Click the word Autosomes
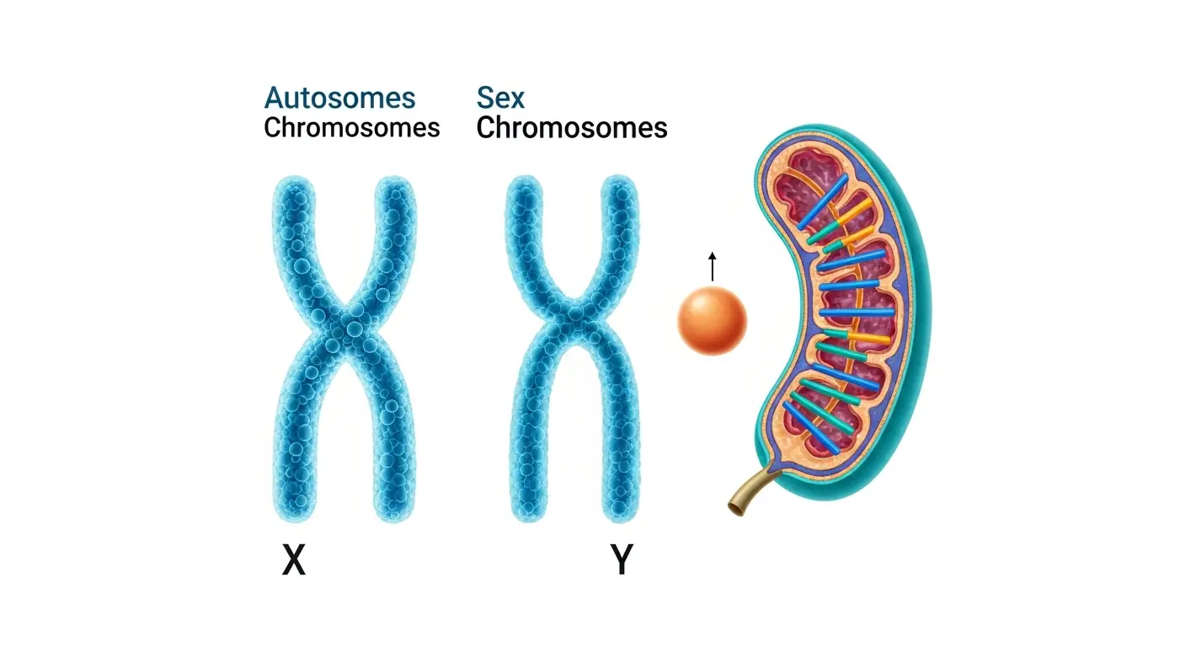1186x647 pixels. pos(339,98)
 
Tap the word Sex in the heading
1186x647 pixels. pos(500,98)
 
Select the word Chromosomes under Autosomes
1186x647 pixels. pos(351,128)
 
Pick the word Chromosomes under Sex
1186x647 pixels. pos(571,128)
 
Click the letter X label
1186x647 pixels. pos(293,559)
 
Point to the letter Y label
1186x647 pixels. pos(621,559)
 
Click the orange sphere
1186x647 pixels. pos(713,319)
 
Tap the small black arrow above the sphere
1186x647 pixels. pos(713,265)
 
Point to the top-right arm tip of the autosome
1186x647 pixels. pos(395,191)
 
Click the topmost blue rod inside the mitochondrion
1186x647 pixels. pos(823,203)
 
